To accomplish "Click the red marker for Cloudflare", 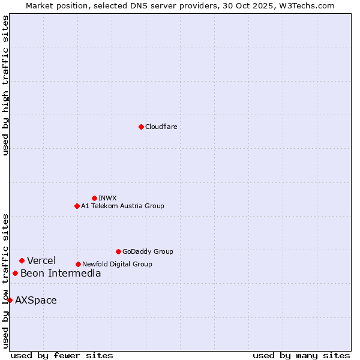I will point(141,127).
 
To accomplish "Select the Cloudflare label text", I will point(161,127).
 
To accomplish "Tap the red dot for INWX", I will point(94,198).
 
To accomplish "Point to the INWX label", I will point(107,198).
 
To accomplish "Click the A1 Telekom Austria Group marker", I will point(77,206).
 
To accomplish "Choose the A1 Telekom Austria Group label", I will point(122,206).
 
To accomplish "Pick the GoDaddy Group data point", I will point(118,251).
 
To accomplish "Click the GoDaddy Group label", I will point(148,251).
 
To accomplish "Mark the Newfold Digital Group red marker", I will point(78,264).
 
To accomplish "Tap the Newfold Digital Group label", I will point(117,264).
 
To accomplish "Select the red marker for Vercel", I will point(22,260).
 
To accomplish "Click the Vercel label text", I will point(41,260).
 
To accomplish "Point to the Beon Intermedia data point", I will point(15,273).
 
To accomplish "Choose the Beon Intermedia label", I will point(61,274).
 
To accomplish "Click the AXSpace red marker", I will point(10,300).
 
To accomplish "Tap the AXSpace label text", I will point(36,300).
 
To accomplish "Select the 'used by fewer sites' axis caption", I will point(62,355).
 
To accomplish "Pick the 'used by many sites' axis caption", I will point(301,355).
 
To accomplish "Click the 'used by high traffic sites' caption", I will point(5,85).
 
